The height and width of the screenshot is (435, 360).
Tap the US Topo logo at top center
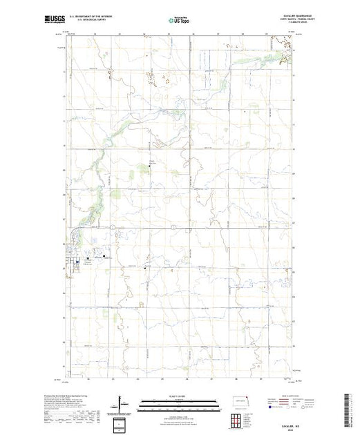(x=178, y=20)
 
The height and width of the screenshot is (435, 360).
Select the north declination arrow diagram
(x=122, y=402)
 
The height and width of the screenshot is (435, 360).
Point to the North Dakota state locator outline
(x=240, y=400)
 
